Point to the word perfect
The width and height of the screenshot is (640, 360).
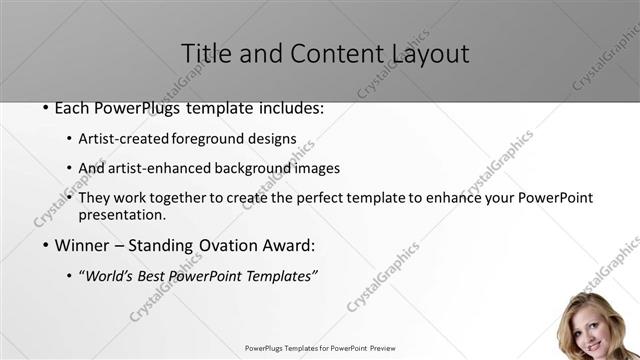(324, 198)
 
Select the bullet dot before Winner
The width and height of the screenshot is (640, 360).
(45, 245)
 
